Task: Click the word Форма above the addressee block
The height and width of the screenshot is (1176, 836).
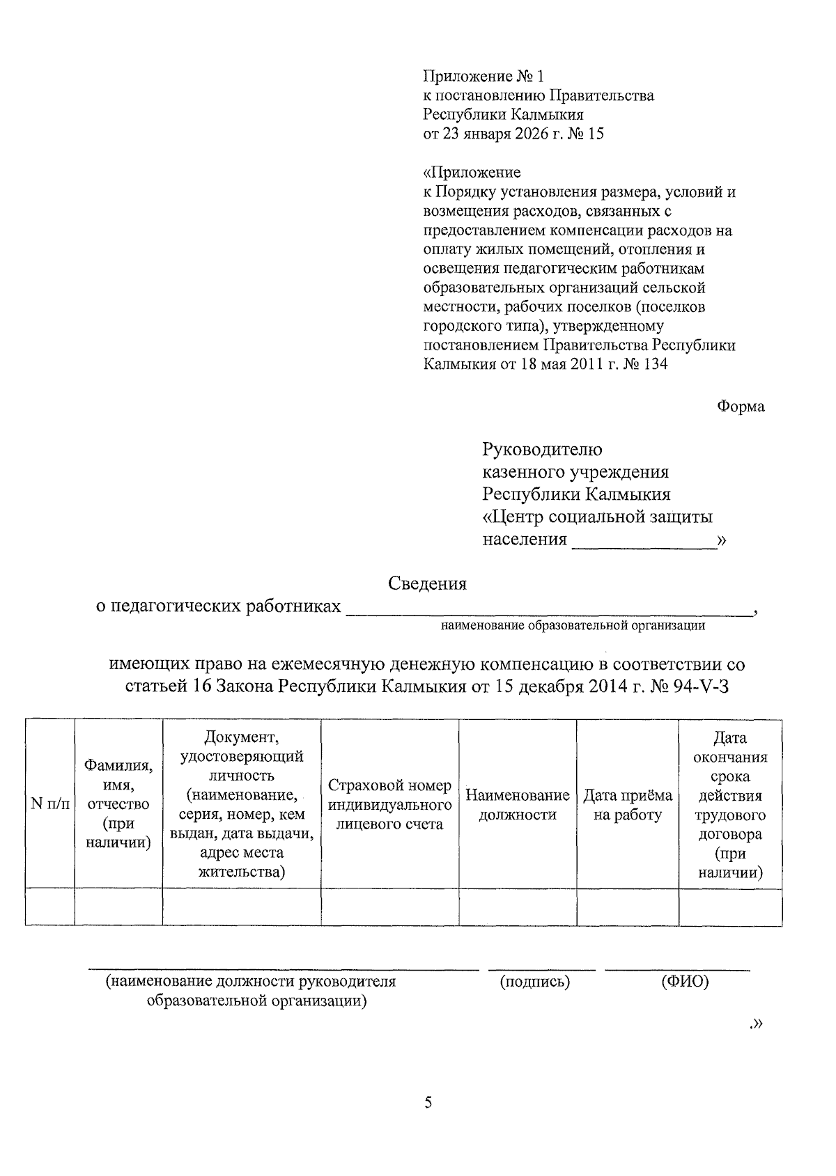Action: (x=741, y=407)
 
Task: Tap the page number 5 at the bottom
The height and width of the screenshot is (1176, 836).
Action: (x=428, y=1102)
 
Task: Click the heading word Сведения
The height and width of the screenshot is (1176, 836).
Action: (x=427, y=583)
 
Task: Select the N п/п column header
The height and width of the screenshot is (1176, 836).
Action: (x=50, y=804)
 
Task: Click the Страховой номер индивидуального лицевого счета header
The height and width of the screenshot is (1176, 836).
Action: (x=389, y=805)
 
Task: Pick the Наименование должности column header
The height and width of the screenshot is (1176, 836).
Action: (x=517, y=805)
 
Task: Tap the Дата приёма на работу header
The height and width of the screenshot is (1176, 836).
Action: (x=627, y=805)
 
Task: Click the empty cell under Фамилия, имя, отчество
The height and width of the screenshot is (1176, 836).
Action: (x=118, y=907)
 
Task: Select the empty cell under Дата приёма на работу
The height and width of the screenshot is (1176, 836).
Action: (x=627, y=907)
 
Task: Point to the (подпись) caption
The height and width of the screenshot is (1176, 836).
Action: (x=535, y=982)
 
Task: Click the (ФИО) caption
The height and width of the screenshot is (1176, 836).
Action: (x=685, y=982)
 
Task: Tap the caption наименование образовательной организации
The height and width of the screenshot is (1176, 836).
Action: (x=573, y=625)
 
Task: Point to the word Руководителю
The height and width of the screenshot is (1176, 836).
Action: (x=543, y=450)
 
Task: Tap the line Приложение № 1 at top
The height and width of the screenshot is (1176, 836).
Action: (x=482, y=76)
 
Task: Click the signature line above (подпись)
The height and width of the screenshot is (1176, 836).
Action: (x=541, y=969)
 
